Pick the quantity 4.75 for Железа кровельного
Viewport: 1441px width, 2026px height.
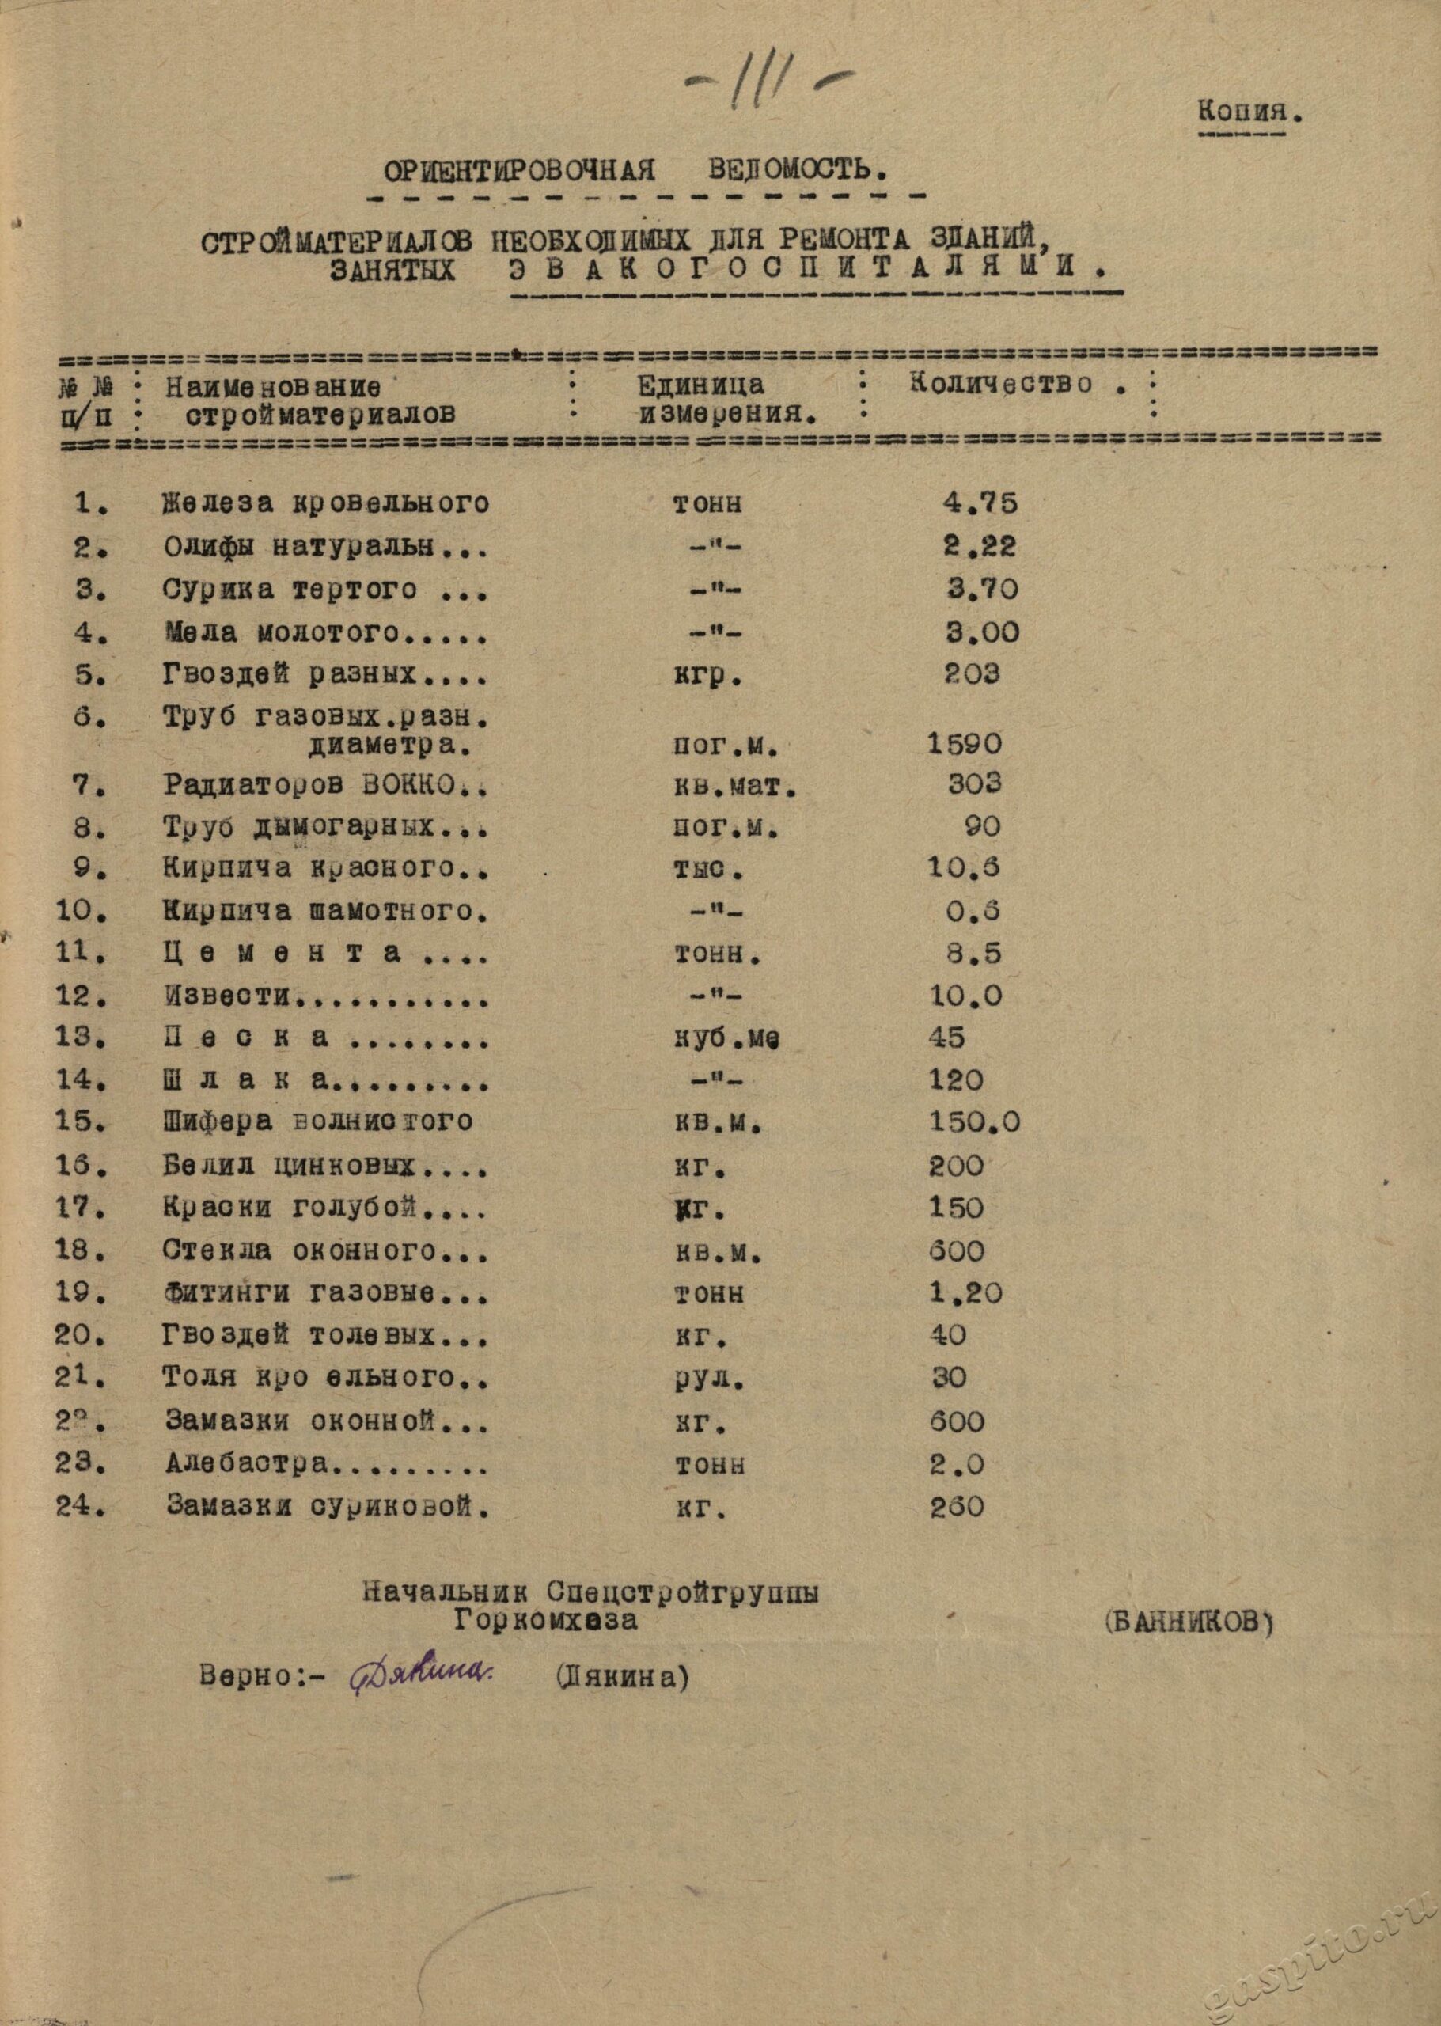979,503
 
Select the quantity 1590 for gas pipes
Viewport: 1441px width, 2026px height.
965,744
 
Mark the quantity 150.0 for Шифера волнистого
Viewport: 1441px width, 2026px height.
973,1121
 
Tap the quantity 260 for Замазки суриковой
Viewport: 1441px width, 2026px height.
957,1506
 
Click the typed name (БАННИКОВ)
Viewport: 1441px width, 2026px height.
1190,1622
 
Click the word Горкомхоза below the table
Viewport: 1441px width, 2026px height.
544,1621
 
